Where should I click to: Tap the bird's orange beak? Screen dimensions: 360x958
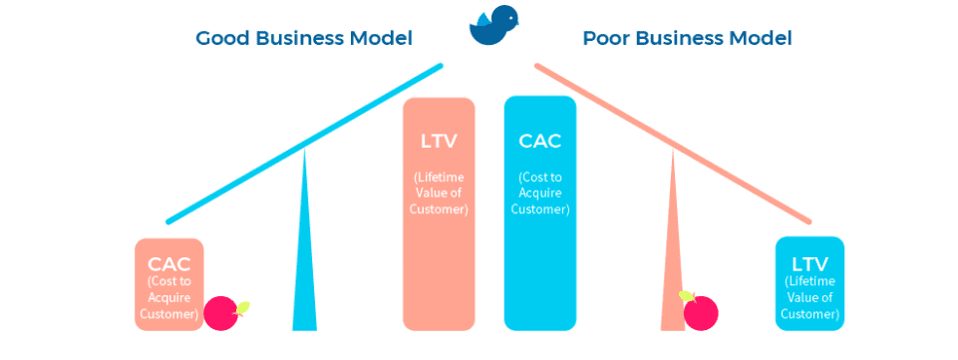coord(518,15)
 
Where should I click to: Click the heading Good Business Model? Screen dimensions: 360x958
coord(304,39)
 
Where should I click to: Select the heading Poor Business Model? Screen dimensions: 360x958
coord(687,39)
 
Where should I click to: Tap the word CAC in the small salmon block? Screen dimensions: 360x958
coord(168,265)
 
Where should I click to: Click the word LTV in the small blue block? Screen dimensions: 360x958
coord(809,264)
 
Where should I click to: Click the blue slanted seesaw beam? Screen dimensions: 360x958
coord(304,144)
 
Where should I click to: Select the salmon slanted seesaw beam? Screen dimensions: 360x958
coord(673,143)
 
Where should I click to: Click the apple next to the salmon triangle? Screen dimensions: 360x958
coord(701,312)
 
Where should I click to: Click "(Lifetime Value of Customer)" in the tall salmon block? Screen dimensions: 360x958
coord(439,193)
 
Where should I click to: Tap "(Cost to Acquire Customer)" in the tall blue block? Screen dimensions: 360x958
coord(539,193)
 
